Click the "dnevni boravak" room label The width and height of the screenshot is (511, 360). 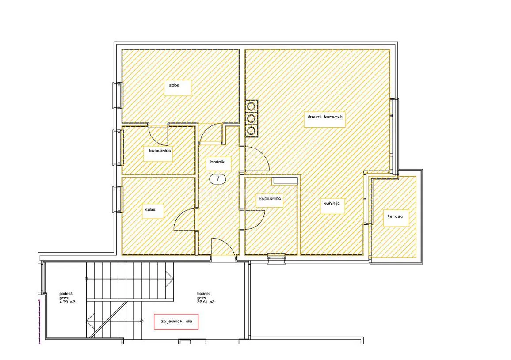[x=324, y=116]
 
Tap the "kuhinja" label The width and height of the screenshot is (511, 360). [x=332, y=203]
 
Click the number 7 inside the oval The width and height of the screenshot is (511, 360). [x=217, y=179]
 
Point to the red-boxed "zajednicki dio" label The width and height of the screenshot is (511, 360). [x=176, y=321]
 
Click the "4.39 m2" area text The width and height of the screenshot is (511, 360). [x=67, y=302]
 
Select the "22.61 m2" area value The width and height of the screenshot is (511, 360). [x=206, y=302]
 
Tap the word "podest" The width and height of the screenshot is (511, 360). [x=66, y=294]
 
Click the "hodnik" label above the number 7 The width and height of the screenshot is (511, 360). [x=217, y=162]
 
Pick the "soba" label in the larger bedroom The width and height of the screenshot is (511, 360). [x=174, y=85]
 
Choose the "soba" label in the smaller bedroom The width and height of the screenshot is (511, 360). [x=150, y=210]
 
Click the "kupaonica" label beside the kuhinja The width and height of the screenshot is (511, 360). [x=270, y=199]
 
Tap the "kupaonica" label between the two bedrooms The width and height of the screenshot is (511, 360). [x=160, y=151]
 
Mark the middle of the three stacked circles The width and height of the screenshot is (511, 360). [x=251, y=118]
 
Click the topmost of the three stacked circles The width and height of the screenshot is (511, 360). [x=251, y=106]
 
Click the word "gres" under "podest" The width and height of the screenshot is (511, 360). [x=64, y=298]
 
